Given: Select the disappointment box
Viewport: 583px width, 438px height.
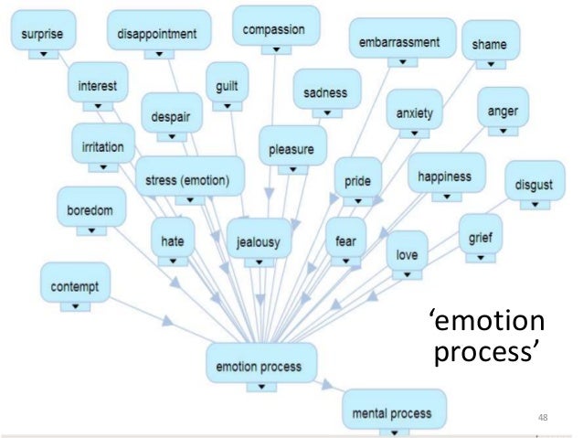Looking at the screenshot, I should [x=157, y=35].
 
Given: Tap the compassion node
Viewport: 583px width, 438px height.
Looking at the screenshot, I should [x=274, y=30].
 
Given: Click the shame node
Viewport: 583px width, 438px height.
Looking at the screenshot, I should [x=490, y=45].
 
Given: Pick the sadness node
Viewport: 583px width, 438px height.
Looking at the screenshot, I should [x=326, y=93].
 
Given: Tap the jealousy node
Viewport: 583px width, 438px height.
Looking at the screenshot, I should [x=259, y=241].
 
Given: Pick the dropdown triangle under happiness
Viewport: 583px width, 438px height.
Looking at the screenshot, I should [x=445, y=197].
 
